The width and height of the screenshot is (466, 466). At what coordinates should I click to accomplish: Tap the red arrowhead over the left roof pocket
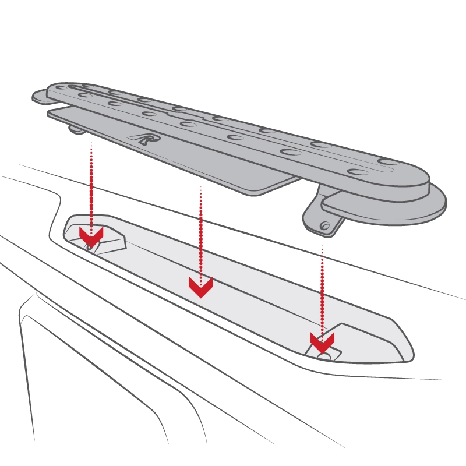(91, 235)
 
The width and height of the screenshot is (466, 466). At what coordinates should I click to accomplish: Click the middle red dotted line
(201, 233)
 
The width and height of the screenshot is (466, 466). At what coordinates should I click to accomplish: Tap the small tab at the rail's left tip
(40, 96)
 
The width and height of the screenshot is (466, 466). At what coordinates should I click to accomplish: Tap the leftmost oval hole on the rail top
(86, 95)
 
